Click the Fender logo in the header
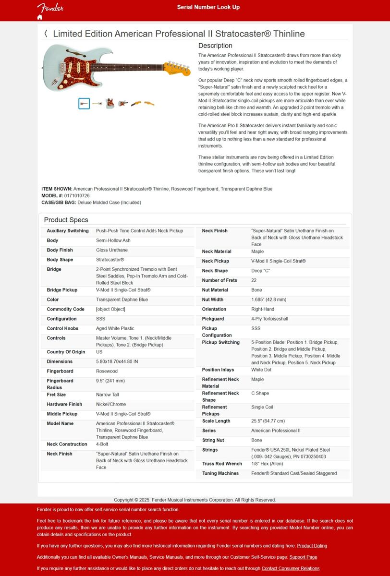click(x=50, y=7)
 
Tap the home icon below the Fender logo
click(x=40, y=17)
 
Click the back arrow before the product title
click(x=46, y=34)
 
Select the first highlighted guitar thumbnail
click(x=84, y=103)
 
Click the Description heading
click(x=215, y=46)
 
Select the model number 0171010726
click(x=77, y=196)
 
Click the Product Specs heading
click(x=66, y=220)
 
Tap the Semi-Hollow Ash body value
click(x=113, y=240)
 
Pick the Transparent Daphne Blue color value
click(x=122, y=300)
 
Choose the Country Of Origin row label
click(x=66, y=352)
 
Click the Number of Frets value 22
click(x=254, y=280)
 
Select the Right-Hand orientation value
click(x=263, y=309)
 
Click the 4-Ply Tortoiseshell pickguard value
click(x=269, y=319)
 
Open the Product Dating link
click(x=312, y=546)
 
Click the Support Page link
click(x=303, y=557)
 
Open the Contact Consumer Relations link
click(x=290, y=568)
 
